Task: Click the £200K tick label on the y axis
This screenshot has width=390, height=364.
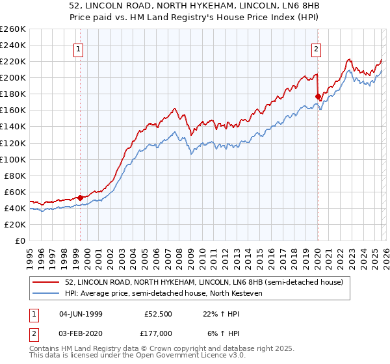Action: [x=13, y=77]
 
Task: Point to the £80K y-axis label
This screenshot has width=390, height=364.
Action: [x=15, y=175]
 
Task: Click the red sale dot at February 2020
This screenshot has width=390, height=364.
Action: [x=318, y=97]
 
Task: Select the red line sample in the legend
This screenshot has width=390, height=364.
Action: [x=47, y=282]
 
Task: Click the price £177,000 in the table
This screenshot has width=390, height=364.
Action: [x=158, y=333]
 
